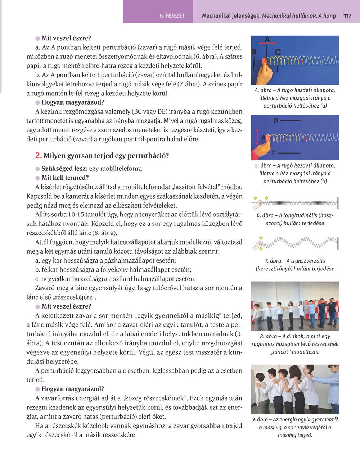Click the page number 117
pyautogui.click(x=347, y=16)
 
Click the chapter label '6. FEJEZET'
pyautogui.click(x=172, y=16)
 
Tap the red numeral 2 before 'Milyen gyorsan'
pyautogui.click(x=39, y=155)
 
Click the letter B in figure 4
pyautogui.click(x=254, y=52)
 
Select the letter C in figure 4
pyautogui.click(x=278, y=52)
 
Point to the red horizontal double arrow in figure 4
pyautogui.click(x=267, y=44)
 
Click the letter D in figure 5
pyautogui.click(x=275, y=120)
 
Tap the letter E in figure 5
pyautogui.click(x=274, y=152)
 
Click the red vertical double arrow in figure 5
pyautogui.click(x=257, y=137)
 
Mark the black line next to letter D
pyautogui.click(x=292, y=120)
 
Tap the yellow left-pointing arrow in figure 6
pyautogui.click(x=255, y=198)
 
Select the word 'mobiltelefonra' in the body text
pyautogui.click(x=121, y=168)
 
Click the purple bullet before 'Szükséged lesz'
pyautogui.click(x=37, y=169)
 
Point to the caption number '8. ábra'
pyautogui.click(x=268, y=337)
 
